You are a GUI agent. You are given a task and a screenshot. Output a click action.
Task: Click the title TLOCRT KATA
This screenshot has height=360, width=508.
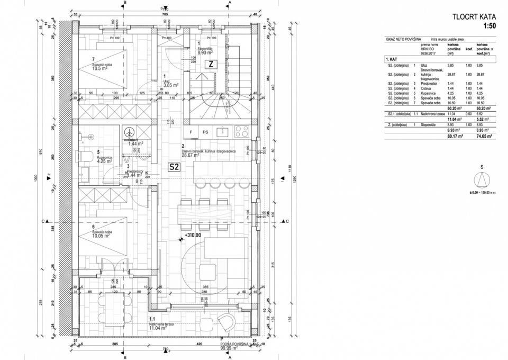[473, 17]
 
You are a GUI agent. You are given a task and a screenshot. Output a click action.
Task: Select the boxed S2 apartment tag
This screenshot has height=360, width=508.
[175, 167]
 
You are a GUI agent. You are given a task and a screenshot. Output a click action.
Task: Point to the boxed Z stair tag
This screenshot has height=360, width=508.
[211, 64]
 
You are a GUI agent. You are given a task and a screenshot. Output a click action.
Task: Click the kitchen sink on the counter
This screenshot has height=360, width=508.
[222, 131]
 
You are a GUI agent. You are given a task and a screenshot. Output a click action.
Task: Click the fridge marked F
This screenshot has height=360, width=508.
[190, 131]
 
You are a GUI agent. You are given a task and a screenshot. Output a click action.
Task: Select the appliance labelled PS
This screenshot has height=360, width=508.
[205, 131]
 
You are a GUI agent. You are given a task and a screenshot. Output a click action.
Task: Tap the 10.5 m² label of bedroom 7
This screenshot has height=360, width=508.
[100, 68]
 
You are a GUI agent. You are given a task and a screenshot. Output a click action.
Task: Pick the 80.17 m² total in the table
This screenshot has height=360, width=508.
[455, 136]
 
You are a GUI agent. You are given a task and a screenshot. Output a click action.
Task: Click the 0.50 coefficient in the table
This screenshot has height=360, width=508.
[467, 114]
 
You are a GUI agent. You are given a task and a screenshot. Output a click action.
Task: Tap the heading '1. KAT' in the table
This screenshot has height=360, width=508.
[392, 60]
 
